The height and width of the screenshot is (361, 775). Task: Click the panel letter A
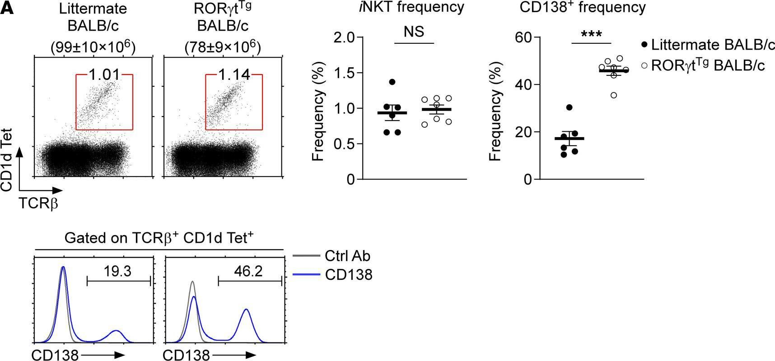coord(8,9)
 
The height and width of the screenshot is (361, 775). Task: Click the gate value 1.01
coord(104,74)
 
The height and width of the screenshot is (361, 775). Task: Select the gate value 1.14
coord(233,74)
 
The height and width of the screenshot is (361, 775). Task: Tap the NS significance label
coord(414,32)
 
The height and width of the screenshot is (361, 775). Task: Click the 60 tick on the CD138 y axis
coord(523,37)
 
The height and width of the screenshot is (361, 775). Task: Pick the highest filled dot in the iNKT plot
coord(392,82)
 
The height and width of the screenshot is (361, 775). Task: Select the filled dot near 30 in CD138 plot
coord(569,107)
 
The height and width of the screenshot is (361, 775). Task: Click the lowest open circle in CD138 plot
coord(613,95)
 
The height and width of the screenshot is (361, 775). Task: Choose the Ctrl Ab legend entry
coord(347,256)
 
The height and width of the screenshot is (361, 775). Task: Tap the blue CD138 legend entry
coord(348,274)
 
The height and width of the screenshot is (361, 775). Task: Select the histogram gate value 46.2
coord(248,271)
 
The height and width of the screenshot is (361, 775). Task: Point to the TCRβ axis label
coord(38,204)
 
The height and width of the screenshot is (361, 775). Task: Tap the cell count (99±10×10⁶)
coord(93,47)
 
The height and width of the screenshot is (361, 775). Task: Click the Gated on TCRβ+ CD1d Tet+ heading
coord(159,238)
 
